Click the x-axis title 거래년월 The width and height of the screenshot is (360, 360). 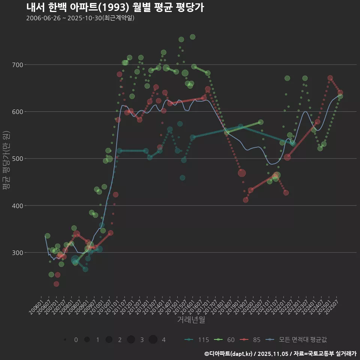(191, 320)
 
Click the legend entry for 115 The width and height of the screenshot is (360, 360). (197, 340)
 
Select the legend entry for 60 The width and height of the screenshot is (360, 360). (225, 340)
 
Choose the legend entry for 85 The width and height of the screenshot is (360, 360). (251, 340)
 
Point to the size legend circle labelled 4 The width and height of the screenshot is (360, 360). (153, 340)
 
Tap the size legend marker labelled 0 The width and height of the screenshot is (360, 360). (65, 340)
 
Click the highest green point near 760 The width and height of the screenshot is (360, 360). (192, 37)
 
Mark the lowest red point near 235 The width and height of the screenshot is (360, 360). (56, 284)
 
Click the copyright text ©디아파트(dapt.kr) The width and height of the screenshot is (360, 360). (229, 354)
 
